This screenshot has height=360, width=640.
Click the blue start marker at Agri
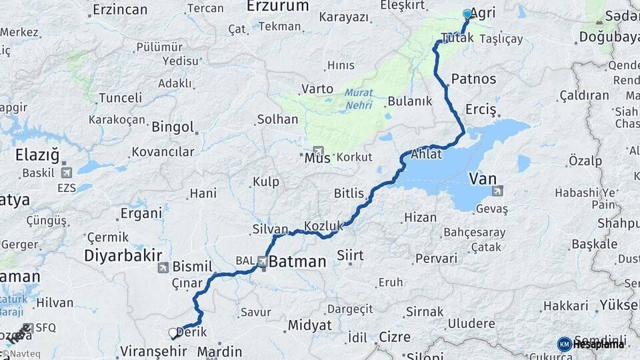[x=467, y=13]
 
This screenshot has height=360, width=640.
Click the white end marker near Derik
[x=173, y=332]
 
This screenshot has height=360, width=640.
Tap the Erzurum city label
[x=277, y=6]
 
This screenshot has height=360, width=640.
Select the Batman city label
[x=297, y=262]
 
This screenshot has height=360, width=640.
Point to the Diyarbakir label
[x=123, y=255]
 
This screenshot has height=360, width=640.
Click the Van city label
[x=483, y=179]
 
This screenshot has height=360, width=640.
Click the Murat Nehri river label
[x=359, y=99]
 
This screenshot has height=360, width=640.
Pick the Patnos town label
[x=473, y=79]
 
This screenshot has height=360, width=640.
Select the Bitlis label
[x=349, y=193]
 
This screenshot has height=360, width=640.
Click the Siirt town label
[x=351, y=256]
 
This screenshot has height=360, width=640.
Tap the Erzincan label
[x=120, y=9]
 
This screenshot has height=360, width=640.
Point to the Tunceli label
[x=120, y=98]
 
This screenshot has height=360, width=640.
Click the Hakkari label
[x=565, y=306]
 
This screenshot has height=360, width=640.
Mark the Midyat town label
[x=309, y=325]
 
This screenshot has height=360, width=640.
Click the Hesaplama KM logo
[x=591, y=344]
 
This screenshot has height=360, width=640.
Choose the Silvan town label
[x=270, y=229]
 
